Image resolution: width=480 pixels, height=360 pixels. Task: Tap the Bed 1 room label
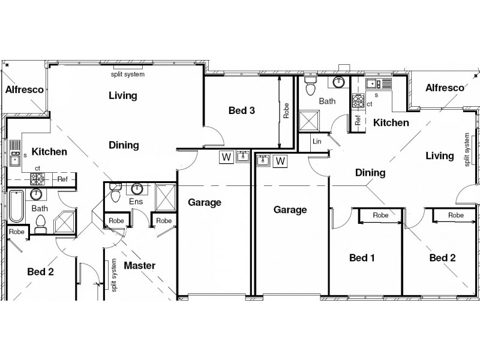[x=362, y=258]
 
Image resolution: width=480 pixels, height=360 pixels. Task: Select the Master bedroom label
[x=140, y=265]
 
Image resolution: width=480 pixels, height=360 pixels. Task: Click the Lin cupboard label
[x=317, y=142]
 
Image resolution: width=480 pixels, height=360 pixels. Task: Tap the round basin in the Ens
[x=137, y=189]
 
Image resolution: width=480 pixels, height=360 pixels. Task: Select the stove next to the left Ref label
[x=38, y=178]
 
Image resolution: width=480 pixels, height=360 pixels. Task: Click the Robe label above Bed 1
[x=380, y=215]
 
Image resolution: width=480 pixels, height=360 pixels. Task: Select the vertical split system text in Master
[x=114, y=277]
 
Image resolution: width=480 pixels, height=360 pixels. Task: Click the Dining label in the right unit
[x=370, y=173]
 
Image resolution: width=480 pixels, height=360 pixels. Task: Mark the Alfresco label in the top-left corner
[x=24, y=90]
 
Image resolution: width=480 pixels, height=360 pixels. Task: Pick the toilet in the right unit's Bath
[x=310, y=87]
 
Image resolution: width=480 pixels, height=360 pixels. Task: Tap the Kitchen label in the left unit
[x=49, y=152]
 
